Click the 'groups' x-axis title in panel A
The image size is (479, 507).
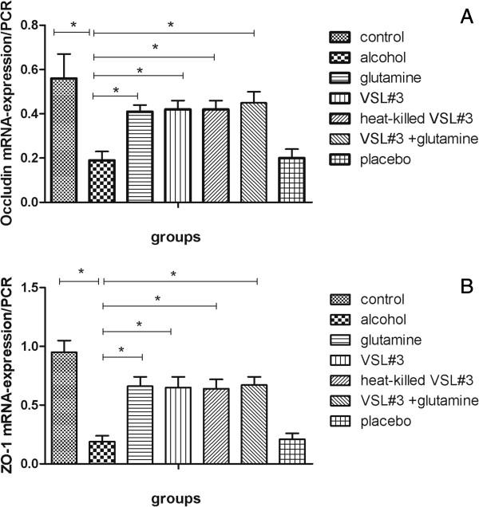pyautogui.click(x=177, y=237)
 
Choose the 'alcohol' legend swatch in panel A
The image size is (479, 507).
pyautogui.click(x=341, y=57)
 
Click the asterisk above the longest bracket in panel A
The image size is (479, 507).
pyautogui.click(x=170, y=26)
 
